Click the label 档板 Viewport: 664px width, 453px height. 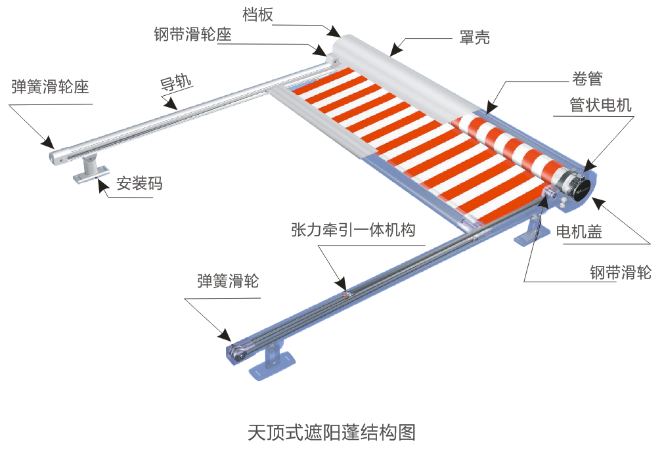pyautogui.click(x=257, y=15)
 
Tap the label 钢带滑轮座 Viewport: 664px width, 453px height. pyautogui.click(x=192, y=35)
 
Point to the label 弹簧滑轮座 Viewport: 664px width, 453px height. pyautogui.click(x=50, y=87)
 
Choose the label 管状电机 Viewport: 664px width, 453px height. pyautogui.click(x=600, y=106)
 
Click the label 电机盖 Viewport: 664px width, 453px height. pyautogui.click(x=579, y=231)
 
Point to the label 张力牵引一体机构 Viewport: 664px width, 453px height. pyautogui.click(x=353, y=230)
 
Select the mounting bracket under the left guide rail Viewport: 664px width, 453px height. pyautogui.click(x=89, y=169)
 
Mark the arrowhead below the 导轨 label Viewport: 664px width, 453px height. pyautogui.click(x=172, y=103)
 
